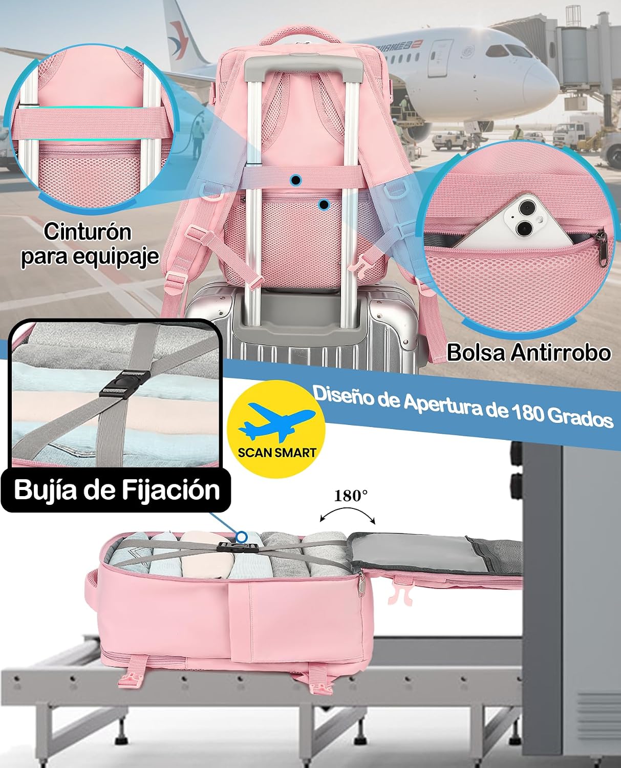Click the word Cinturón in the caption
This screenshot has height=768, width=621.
[88, 231]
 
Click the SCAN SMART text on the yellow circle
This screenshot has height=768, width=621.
[277, 452]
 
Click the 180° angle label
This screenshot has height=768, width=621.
[351, 496]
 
